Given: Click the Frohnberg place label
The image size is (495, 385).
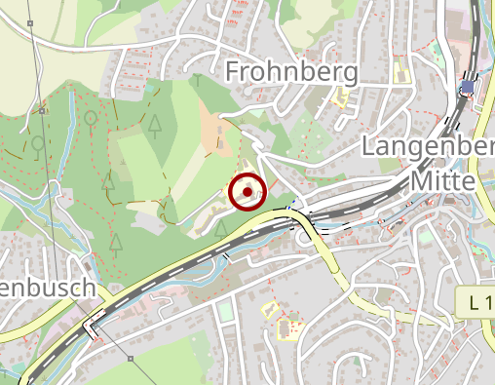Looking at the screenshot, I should point(291,71).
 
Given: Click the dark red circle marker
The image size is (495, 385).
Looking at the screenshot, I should point(248,192).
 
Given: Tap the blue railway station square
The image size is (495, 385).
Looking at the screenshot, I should point(468,86).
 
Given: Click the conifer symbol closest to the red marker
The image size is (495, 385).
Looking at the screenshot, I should point(221,228).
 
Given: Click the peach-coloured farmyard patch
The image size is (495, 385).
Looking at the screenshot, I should point(220,132).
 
